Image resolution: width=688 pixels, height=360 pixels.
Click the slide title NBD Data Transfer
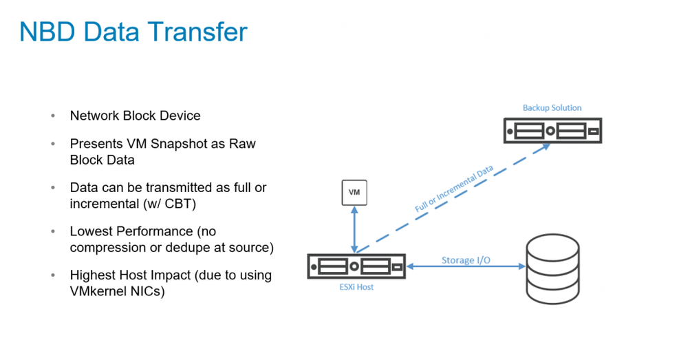[133, 32]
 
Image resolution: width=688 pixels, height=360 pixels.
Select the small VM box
[354, 193]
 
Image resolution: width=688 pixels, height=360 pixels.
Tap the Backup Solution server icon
[552, 130]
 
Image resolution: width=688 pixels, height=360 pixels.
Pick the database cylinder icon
[552, 266]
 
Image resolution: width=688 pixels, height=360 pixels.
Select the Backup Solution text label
[552, 107]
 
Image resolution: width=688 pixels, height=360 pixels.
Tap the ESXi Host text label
[356, 286]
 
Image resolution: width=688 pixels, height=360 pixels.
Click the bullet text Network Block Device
[135, 116]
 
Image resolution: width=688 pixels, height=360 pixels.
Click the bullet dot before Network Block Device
[53, 116]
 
